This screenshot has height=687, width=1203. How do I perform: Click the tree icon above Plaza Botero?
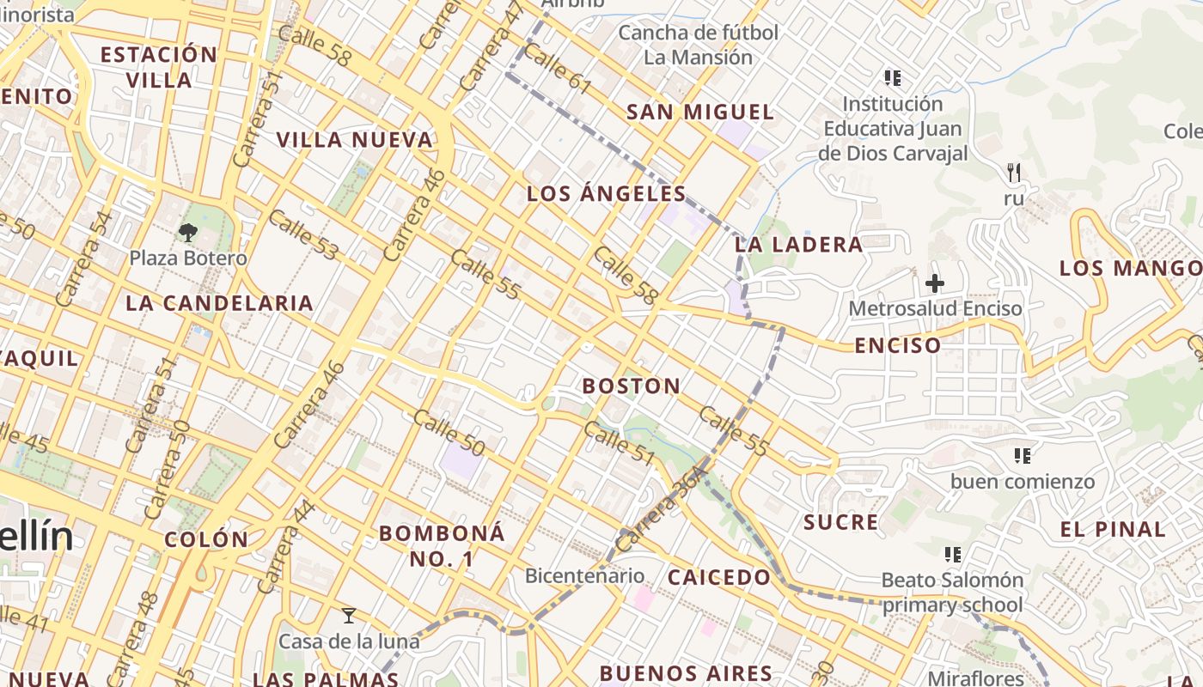[x=188, y=232]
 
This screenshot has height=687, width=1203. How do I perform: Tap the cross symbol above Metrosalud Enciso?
[x=935, y=283]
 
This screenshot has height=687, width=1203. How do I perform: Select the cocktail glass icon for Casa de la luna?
[x=348, y=616]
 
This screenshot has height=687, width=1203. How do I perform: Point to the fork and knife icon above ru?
[x=1014, y=173]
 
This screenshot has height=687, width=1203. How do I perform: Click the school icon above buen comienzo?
[x=1022, y=455]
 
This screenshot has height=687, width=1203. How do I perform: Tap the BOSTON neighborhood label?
[x=632, y=386]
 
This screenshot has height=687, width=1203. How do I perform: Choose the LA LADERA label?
[x=799, y=245]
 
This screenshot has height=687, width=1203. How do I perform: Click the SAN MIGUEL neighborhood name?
[x=700, y=112]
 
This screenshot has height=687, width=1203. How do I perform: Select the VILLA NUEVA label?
[x=354, y=140]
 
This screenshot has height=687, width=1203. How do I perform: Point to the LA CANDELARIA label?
[x=219, y=303]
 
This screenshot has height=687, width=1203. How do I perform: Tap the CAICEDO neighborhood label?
[x=720, y=578]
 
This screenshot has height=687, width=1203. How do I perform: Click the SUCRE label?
[x=841, y=522]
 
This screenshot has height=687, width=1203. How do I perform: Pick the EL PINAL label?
[x=1113, y=529]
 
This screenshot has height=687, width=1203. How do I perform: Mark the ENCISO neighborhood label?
[x=898, y=346]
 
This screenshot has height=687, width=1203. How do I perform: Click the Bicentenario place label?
[x=584, y=575]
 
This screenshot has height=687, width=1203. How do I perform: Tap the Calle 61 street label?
[x=557, y=68]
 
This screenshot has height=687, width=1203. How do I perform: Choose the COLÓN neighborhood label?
[x=206, y=539]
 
